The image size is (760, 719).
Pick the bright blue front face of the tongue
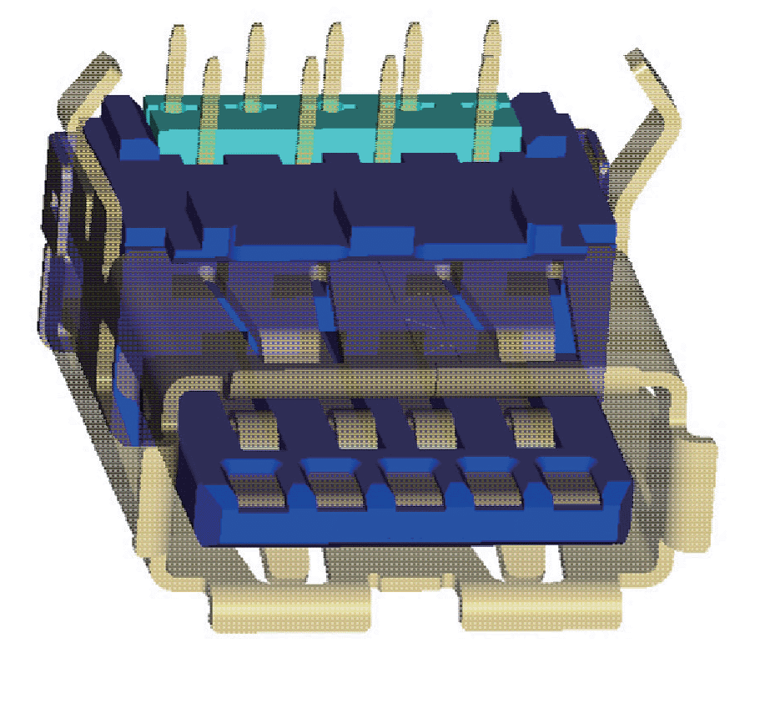[x=417, y=526]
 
